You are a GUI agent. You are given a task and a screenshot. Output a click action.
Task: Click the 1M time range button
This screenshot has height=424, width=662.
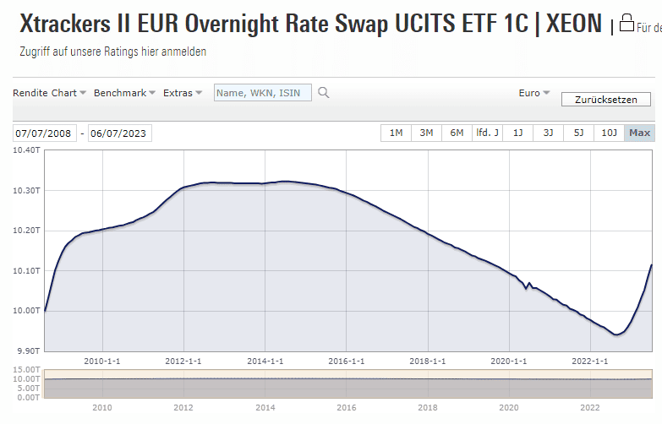[x=396, y=133]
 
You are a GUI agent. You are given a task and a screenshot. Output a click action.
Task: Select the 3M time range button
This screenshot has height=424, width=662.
[x=426, y=133]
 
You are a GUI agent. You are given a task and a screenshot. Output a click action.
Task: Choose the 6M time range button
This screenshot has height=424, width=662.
[x=457, y=133]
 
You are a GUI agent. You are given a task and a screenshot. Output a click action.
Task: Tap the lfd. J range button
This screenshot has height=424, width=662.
[x=487, y=133]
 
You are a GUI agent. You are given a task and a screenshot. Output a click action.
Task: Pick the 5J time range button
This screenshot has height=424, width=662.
[x=578, y=133]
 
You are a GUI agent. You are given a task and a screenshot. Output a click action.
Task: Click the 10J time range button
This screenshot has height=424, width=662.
[x=609, y=133]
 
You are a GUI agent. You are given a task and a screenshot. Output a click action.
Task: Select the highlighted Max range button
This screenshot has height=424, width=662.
[x=639, y=133]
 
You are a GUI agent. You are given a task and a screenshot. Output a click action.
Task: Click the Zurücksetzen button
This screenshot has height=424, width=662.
[x=605, y=100]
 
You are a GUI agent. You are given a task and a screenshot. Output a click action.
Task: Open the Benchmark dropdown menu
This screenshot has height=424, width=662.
[x=124, y=93]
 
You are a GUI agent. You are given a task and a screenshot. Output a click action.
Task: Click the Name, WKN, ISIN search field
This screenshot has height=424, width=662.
[x=263, y=93]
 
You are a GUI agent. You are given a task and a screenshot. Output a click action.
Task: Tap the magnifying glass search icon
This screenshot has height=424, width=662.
[x=323, y=93]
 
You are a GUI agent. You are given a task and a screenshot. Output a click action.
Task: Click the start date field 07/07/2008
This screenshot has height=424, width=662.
[x=45, y=133]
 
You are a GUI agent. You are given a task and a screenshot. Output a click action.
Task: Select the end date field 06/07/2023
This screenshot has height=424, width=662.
[x=119, y=133]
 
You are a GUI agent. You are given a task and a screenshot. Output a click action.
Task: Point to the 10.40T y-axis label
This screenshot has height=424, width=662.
[x=26, y=150]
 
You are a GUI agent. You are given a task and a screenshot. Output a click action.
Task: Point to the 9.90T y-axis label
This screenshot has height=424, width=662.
[x=28, y=351]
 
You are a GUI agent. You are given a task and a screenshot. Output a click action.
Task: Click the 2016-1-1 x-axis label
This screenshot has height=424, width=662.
[x=347, y=361]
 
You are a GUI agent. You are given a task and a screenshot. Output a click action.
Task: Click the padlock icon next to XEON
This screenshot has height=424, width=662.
[x=626, y=23]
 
